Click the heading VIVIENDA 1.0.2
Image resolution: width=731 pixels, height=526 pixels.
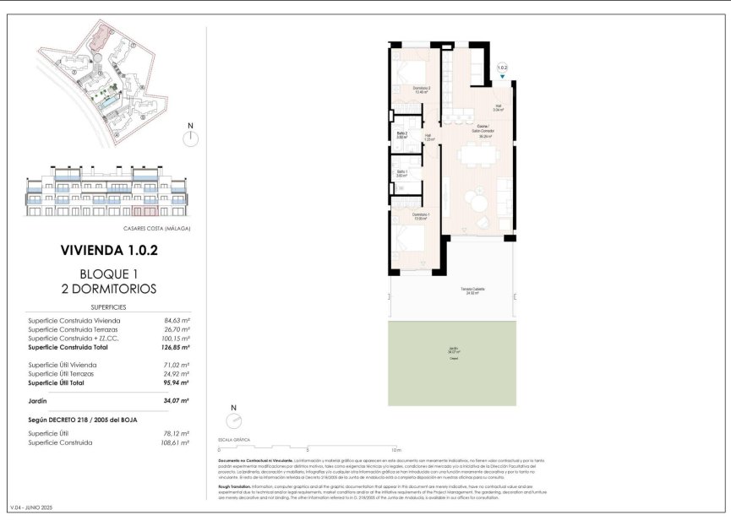click(x=110, y=250)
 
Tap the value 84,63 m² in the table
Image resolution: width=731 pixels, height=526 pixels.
click(x=177, y=321)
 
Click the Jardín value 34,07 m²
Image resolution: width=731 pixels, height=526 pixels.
click(x=177, y=400)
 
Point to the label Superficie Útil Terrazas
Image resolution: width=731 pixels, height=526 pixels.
click(x=61, y=373)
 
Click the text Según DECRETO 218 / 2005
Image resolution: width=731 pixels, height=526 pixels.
click(x=82, y=419)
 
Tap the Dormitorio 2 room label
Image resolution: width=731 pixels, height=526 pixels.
click(x=422, y=89)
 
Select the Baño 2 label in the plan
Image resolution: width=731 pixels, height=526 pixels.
click(x=402, y=135)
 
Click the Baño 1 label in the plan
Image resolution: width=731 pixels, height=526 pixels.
click(x=402, y=174)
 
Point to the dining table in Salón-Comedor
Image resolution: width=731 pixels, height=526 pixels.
click(x=478, y=155)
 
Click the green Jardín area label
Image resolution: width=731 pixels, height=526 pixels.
click(x=454, y=352)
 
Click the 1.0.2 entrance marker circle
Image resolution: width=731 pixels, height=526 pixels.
click(x=502, y=67)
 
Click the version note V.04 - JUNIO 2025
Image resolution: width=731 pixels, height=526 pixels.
click(x=30, y=507)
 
